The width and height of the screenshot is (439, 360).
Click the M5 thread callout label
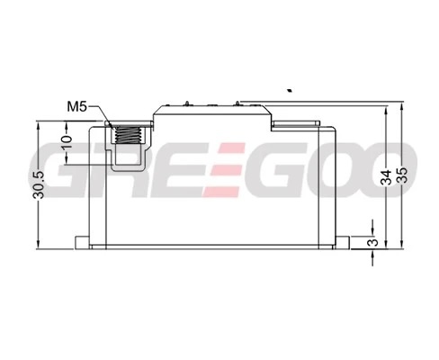click(x=76, y=106)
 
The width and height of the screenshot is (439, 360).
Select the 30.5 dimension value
click(x=39, y=185)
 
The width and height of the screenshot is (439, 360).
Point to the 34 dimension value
click(x=387, y=177)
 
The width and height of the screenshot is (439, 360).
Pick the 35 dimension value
click(x=402, y=175)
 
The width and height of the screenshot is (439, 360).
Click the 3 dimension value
click(x=373, y=242)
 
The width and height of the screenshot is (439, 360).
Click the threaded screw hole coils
click(x=129, y=134)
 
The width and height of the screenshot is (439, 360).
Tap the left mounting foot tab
click(x=82, y=242)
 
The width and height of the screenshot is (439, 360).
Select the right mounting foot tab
click(x=343, y=242)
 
